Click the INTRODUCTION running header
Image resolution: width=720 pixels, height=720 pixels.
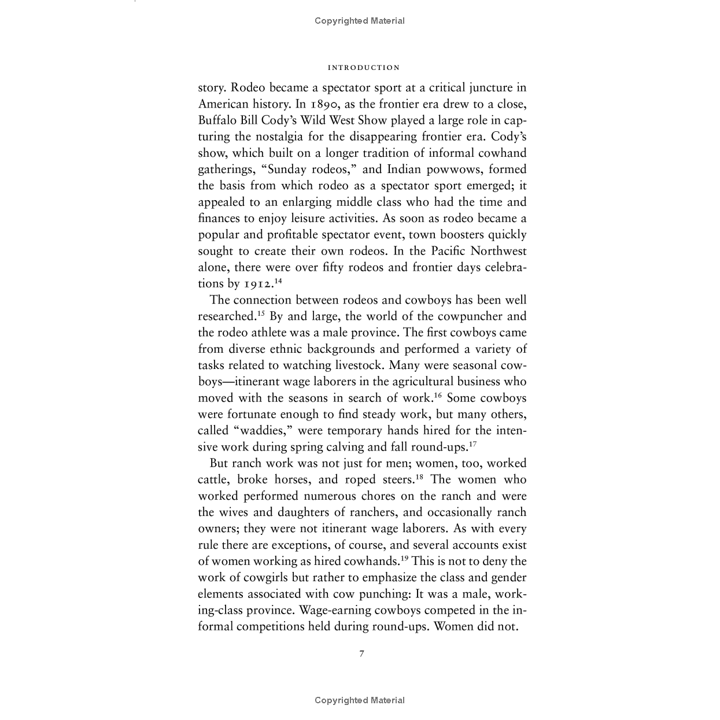[x=363, y=68]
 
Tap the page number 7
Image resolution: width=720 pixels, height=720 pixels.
[x=362, y=653]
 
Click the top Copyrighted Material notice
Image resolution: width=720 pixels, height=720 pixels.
[x=360, y=21]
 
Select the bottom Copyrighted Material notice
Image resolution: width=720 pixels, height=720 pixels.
[x=360, y=700]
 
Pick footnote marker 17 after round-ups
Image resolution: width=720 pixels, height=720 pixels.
[x=472, y=444]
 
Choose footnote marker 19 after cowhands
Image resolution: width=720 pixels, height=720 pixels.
[x=404, y=558]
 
